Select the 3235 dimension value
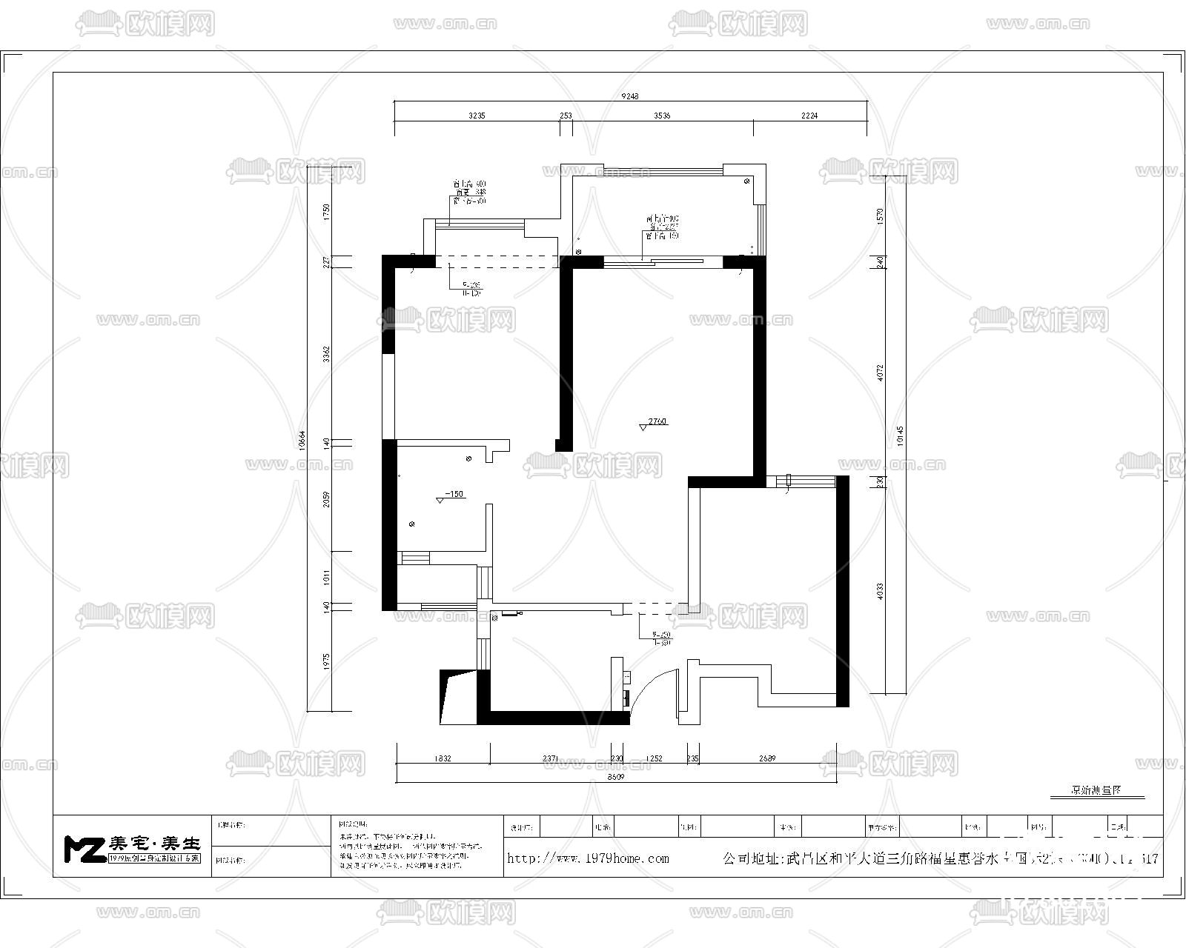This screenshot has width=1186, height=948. point(477,116)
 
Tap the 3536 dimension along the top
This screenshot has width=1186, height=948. point(662,116)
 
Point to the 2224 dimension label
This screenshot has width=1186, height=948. point(809,116)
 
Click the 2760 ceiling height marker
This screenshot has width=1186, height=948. point(657,421)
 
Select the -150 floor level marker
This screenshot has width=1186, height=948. point(454,494)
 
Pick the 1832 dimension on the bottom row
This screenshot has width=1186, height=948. point(443,758)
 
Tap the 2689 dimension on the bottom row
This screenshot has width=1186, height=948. point(766,758)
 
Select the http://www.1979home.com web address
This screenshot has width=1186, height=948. point(588,858)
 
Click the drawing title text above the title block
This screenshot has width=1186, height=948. point(1096,790)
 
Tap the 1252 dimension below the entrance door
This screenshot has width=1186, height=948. point(654,758)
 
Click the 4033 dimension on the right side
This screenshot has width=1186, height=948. point(880,590)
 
